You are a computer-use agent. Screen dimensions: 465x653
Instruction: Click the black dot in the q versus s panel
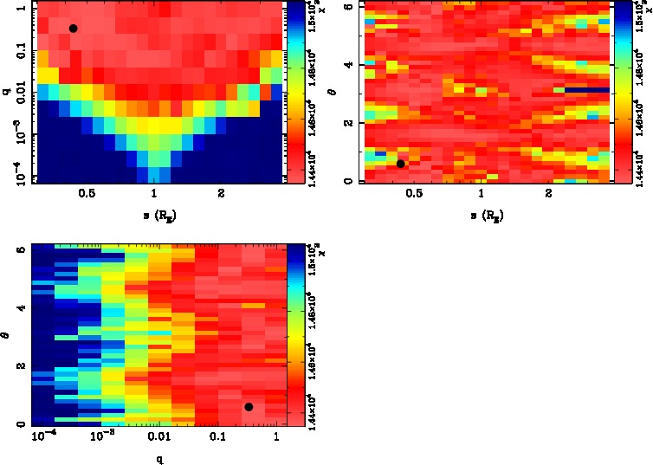73,29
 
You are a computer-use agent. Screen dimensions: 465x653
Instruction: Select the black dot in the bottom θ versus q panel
249,407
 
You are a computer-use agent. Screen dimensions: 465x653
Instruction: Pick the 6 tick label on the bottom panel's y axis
19,249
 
